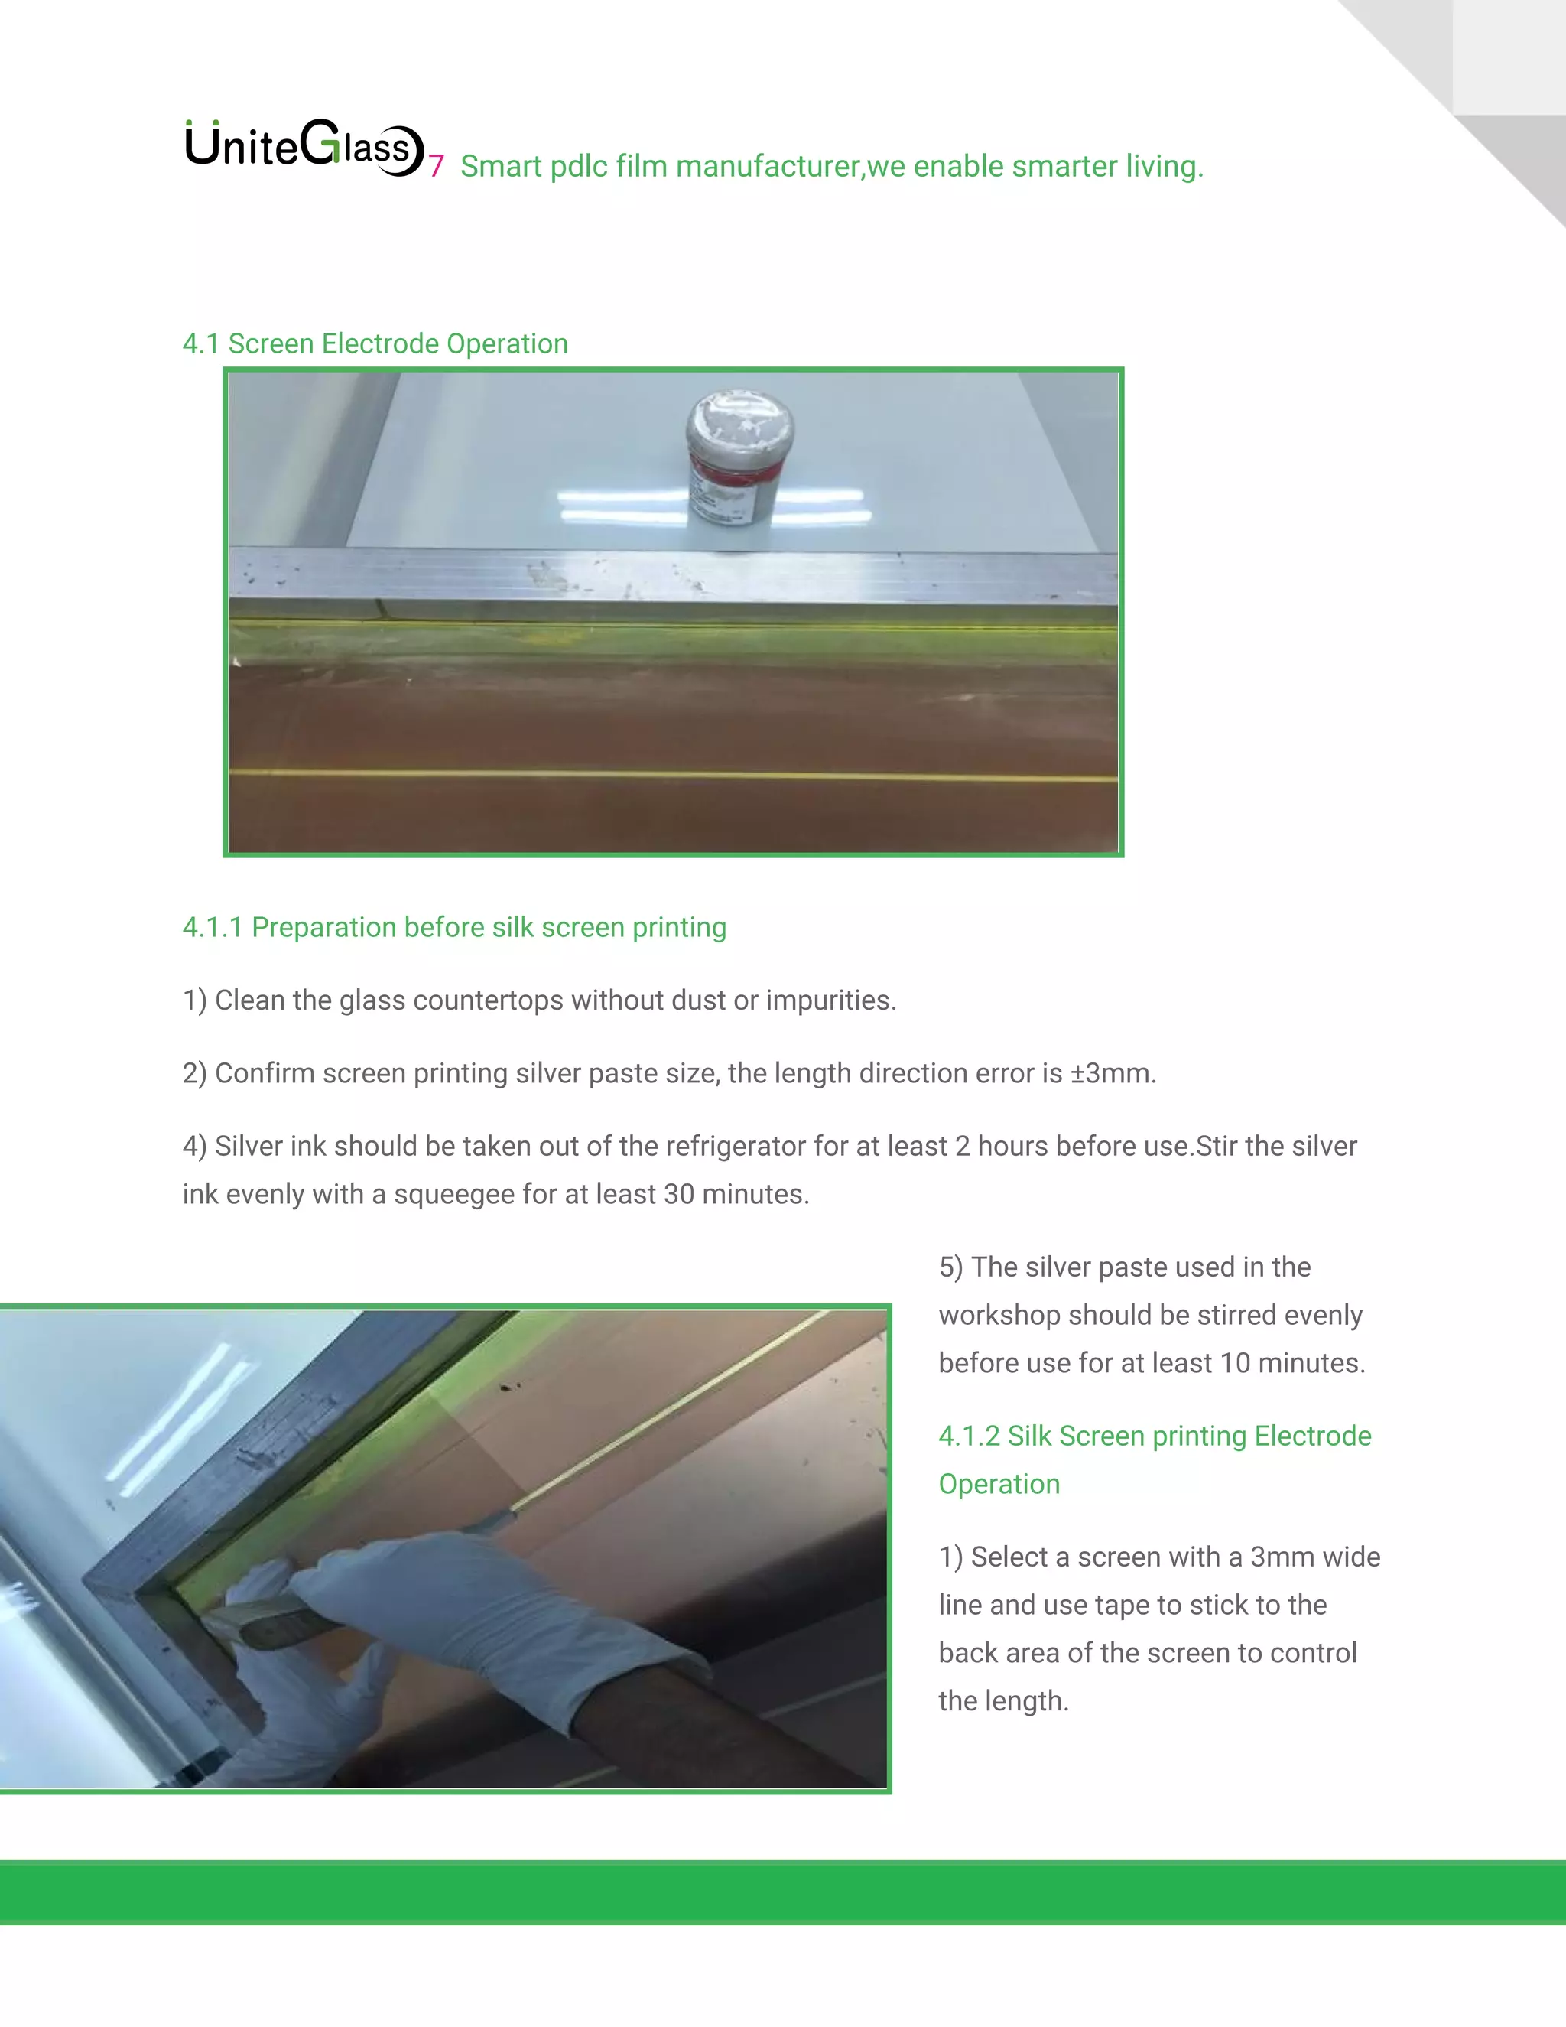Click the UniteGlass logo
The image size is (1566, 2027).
(304, 148)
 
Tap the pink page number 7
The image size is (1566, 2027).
(436, 167)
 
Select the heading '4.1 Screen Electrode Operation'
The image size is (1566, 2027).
(375, 343)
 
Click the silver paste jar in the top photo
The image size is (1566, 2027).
(739, 460)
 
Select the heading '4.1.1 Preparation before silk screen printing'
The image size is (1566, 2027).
(453, 927)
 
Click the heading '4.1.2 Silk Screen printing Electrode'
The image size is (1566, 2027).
(1154, 1436)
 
